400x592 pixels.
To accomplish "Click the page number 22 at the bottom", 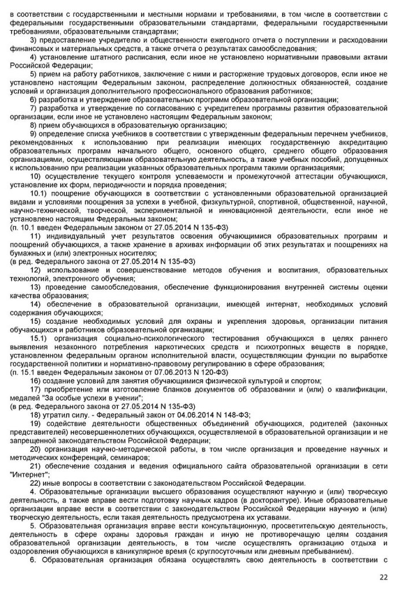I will (383, 576).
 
